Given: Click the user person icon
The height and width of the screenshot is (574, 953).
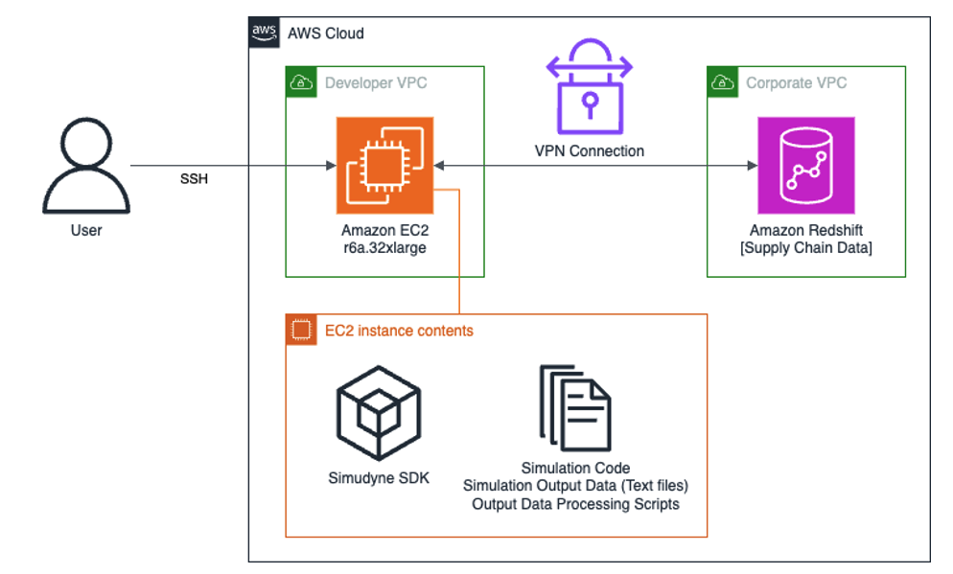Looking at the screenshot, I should (85, 166).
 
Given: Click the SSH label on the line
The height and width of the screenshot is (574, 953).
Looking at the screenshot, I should (195, 180).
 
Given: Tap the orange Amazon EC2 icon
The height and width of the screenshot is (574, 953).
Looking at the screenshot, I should (384, 165).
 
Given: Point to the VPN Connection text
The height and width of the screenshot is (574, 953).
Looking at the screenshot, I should (589, 150).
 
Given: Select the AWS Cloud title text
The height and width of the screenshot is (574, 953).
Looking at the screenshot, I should (326, 34).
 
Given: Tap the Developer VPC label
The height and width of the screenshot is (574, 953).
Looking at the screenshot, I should (376, 82).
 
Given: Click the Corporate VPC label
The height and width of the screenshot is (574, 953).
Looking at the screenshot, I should (797, 82).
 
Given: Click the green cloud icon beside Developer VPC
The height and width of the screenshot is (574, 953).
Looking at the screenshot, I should (302, 82).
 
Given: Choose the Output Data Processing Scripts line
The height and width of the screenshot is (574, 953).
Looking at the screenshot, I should (575, 504).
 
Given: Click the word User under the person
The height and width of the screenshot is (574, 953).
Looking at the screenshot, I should (86, 230).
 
